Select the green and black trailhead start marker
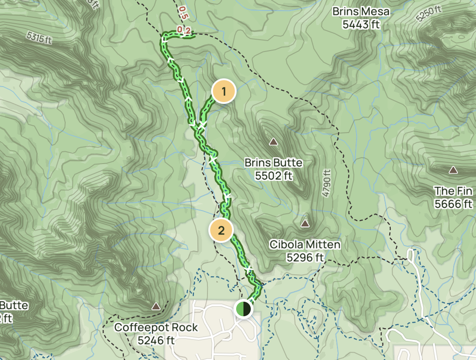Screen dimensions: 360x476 pyautogui.click(x=243, y=309)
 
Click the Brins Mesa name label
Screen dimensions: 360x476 pyautogui.click(x=361, y=11)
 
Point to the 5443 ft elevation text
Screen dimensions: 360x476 pyautogui.click(x=361, y=24)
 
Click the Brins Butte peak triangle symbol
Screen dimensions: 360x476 pyautogui.click(x=273, y=142)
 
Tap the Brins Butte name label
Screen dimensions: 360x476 pyautogui.click(x=273, y=163)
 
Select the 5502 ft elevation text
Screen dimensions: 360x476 pyautogui.click(x=273, y=175)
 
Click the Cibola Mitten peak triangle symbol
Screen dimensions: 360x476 pyautogui.click(x=305, y=224)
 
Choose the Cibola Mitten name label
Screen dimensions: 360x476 pyautogui.click(x=305, y=245)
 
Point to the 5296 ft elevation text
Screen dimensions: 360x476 pyautogui.click(x=305, y=257)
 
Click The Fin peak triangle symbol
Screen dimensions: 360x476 pyautogui.click(x=453, y=170)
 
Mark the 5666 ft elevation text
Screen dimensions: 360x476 pyautogui.click(x=453, y=204)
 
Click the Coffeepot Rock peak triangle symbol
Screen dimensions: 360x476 pyautogui.click(x=156, y=306)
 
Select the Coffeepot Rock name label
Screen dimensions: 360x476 pyautogui.click(x=156, y=327)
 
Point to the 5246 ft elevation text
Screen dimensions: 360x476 pyautogui.click(x=156, y=340)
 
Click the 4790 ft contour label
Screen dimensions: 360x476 pyautogui.click(x=326, y=183)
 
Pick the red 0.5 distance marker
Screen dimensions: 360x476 pyautogui.click(x=183, y=12)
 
